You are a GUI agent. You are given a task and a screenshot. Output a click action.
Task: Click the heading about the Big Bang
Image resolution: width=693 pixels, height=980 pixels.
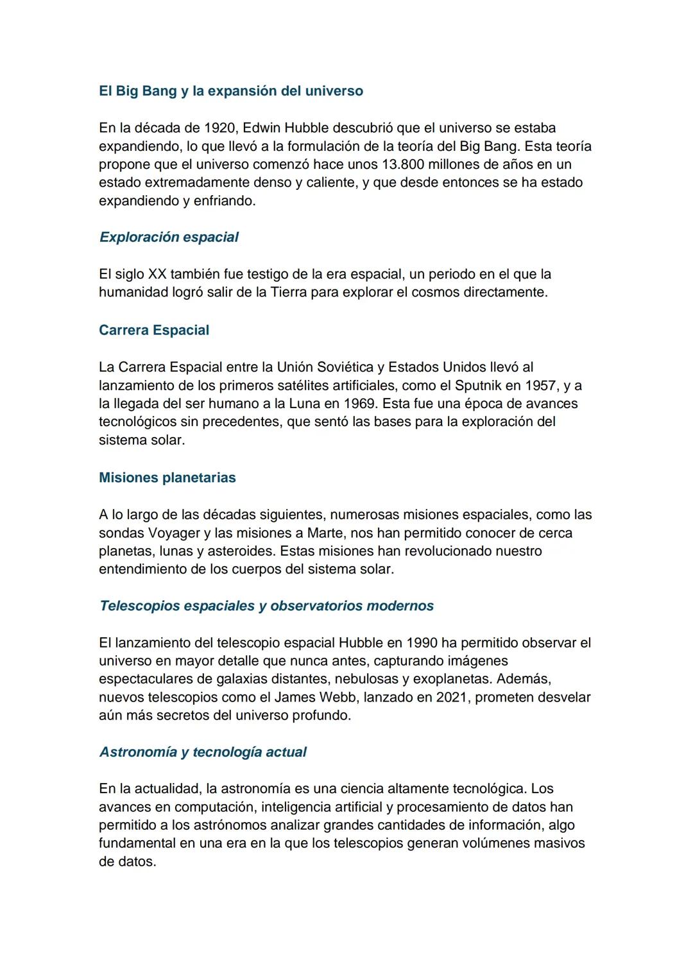231,91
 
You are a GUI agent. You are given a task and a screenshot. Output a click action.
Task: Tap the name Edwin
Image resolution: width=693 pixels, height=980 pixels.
262,128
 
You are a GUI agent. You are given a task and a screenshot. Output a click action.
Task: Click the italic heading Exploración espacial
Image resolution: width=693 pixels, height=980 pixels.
169,237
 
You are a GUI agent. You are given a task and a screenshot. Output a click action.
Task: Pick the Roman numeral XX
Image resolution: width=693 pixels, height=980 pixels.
157,274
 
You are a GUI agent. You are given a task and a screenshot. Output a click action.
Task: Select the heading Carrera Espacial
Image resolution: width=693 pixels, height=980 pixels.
154,331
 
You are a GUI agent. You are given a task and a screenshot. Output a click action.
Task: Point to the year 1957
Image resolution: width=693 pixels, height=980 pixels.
541,386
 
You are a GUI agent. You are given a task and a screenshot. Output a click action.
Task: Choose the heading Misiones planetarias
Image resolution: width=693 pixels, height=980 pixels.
167,478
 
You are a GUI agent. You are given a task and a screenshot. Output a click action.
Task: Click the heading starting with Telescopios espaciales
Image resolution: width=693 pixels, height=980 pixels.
266,606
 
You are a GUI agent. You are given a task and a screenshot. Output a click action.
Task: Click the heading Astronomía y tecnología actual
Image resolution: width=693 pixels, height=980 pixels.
203,752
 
